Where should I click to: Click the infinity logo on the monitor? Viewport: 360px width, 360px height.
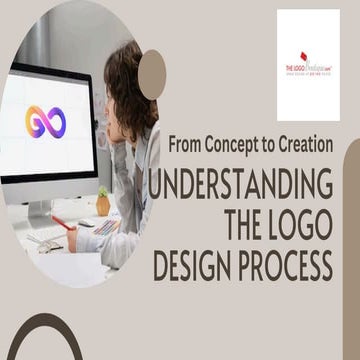click(x=46, y=122)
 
